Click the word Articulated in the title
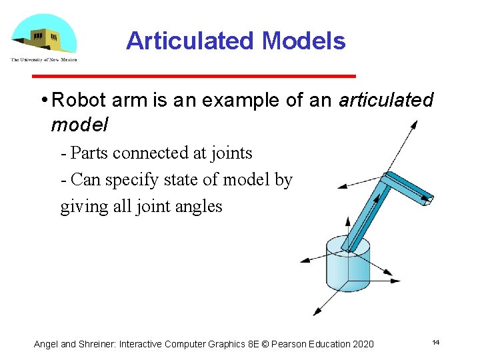tap(191, 41)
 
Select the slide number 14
tap(435, 343)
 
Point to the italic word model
tap(79, 125)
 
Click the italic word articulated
tap(386, 101)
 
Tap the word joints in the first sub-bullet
tap(230, 153)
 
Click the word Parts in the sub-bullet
tap(91, 153)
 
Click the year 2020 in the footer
tap(361, 344)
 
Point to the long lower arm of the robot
tap(367, 213)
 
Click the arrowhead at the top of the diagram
tap(415, 123)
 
